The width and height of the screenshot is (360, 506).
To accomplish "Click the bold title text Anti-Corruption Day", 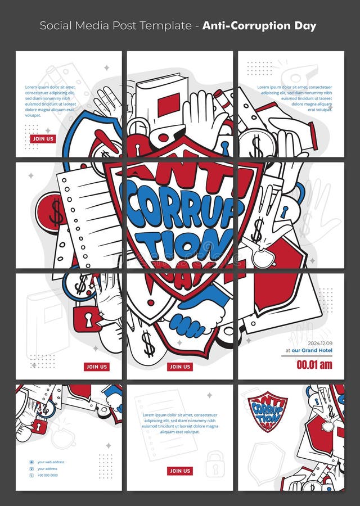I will point(259,26).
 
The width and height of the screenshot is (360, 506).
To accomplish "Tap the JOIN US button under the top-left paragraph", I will point(43,139).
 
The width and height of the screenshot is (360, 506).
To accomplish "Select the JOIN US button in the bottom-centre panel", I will point(180,471).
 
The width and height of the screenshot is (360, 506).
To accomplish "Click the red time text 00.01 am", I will point(314,365).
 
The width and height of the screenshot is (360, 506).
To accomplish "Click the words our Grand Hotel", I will point(313,350).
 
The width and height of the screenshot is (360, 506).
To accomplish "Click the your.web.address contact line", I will point(51,462).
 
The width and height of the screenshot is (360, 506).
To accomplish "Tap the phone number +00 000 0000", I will point(47,475).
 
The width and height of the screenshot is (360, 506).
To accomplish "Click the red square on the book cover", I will point(168,106).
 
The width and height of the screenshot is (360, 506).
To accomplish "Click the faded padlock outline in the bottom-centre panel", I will point(214,464).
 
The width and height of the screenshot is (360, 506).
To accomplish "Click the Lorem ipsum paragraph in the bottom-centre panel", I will point(180,423).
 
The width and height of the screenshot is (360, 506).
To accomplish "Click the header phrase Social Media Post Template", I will point(116,26).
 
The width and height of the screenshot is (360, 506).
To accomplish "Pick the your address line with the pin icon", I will point(48,469).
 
